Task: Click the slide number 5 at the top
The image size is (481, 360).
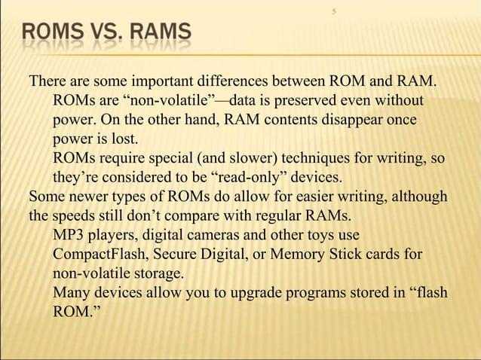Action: pos(333,11)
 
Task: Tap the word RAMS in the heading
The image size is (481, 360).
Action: pos(160,35)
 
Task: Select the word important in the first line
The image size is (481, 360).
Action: pos(167,81)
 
